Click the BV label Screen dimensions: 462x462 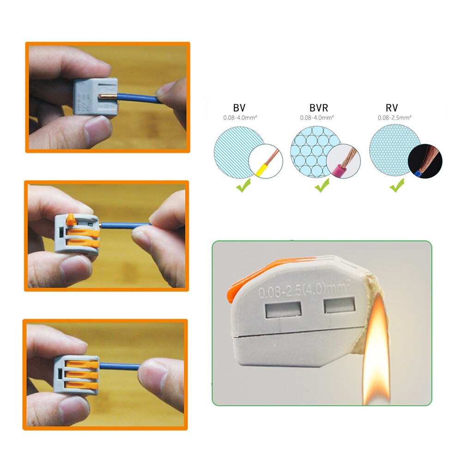pyautogui.click(x=239, y=109)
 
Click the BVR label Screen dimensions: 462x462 pyautogui.click(x=319, y=109)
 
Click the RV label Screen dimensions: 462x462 pyautogui.click(x=392, y=109)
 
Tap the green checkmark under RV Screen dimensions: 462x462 pyautogui.click(x=396, y=187)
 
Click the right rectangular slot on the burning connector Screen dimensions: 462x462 pyautogui.click(x=340, y=306)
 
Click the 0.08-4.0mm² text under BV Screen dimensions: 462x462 pyautogui.click(x=239, y=118)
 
